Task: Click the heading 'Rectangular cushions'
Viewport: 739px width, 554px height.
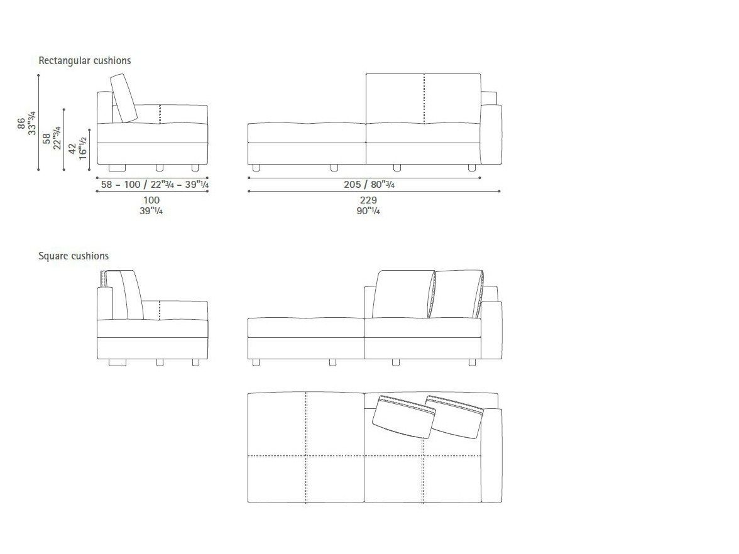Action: [85, 61]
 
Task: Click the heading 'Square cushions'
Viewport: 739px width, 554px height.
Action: [74, 256]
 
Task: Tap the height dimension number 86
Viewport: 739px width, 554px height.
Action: [21, 123]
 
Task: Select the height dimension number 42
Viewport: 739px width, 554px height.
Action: [72, 149]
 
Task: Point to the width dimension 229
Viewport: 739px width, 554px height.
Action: [368, 201]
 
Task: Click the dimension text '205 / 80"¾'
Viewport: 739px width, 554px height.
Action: [369, 184]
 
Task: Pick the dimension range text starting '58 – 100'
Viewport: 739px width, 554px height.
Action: [155, 184]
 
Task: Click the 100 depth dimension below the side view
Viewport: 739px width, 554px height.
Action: [151, 201]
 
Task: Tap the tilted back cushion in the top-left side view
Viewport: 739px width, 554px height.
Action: [124, 99]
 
